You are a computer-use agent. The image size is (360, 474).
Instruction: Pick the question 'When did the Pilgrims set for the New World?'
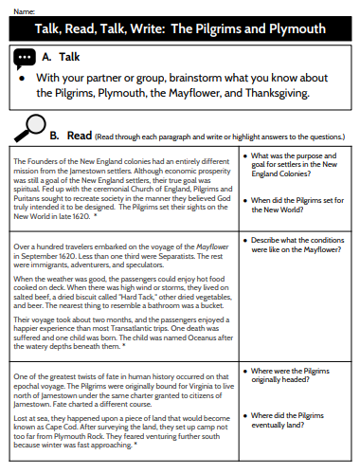(x=293, y=205)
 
